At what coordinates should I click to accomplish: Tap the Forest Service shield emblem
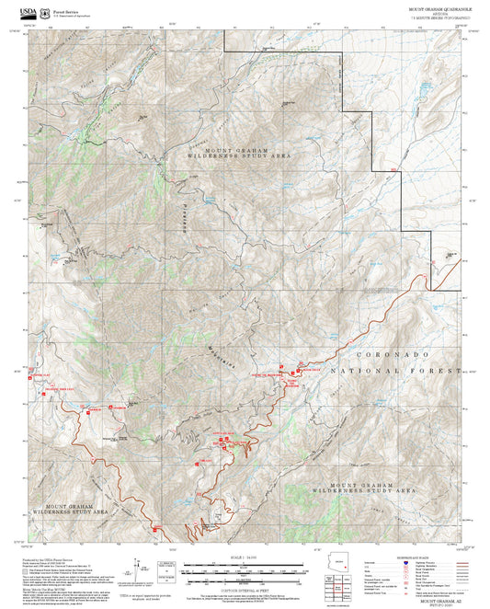[x=44, y=10]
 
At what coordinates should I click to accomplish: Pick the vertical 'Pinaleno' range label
[x=185, y=217]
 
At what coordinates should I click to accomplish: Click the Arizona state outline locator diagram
[x=343, y=568]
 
